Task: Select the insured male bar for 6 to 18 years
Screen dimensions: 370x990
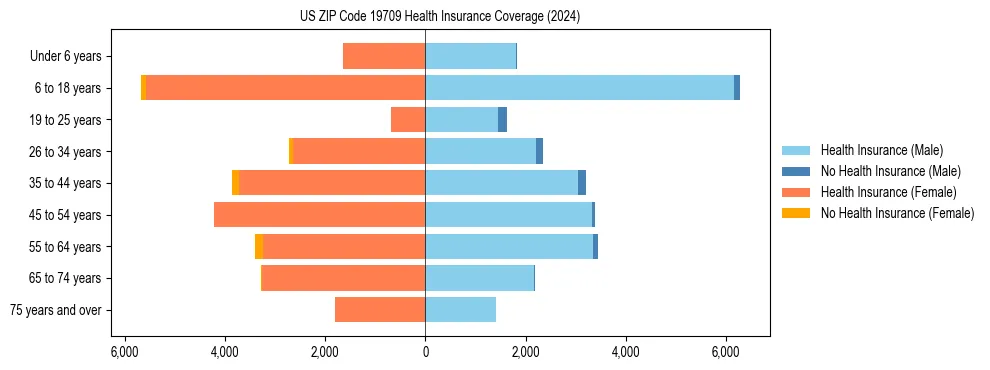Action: [x=579, y=88]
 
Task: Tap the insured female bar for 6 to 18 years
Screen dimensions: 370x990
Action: [x=285, y=88]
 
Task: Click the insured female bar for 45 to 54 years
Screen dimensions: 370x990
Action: [x=319, y=215]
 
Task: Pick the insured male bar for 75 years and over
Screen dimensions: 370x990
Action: [x=460, y=310]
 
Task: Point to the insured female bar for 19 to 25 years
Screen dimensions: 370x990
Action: [x=408, y=120]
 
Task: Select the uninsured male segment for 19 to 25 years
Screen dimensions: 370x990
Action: [x=502, y=120]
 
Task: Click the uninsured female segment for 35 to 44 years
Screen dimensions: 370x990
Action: [x=235, y=183]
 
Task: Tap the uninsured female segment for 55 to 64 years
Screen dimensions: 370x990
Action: [x=259, y=247]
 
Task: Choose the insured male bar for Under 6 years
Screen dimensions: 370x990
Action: [x=470, y=56]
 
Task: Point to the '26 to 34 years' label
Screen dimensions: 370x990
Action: [x=66, y=152]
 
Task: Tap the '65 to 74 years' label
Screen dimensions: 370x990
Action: [x=66, y=279]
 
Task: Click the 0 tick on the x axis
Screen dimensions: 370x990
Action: [x=425, y=352]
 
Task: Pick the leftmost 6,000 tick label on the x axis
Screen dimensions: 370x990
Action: [x=124, y=352]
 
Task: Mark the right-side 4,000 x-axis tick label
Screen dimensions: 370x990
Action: [x=625, y=352]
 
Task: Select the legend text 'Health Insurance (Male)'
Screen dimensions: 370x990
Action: [x=881, y=150]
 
